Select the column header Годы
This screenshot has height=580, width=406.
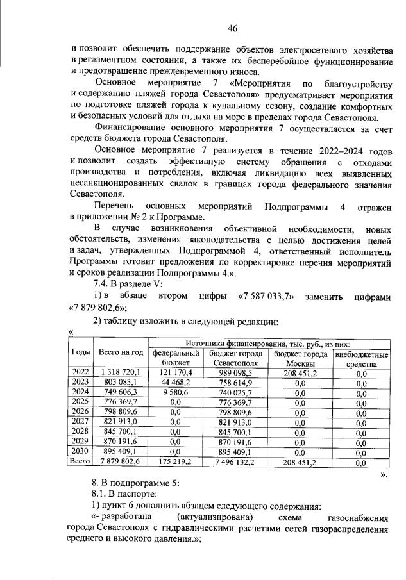click(81, 352)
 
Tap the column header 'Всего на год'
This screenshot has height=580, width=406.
click(121, 352)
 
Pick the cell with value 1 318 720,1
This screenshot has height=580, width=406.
click(121, 372)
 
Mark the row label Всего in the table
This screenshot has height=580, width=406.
click(81, 461)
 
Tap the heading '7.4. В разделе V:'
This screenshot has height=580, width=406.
click(128, 284)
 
